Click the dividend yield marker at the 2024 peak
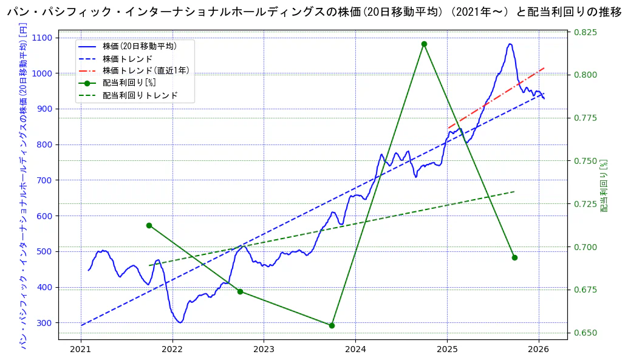click(424, 44)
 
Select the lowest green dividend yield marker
click(332, 325)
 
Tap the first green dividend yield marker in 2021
click(149, 225)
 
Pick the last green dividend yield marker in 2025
click(514, 257)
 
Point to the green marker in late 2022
click(240, 291)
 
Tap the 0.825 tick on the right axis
click(586, 32)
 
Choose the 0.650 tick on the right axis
click(586, 333)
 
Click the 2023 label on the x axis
click(264, 349)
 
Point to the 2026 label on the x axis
click(539, 349)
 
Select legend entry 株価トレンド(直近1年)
click(146, 70)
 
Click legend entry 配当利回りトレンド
click(140, 95)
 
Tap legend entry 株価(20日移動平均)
click(140, 46)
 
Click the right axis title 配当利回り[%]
click(604, 186)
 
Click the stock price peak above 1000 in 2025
click(510, 44)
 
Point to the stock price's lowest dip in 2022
click(180, 322)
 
